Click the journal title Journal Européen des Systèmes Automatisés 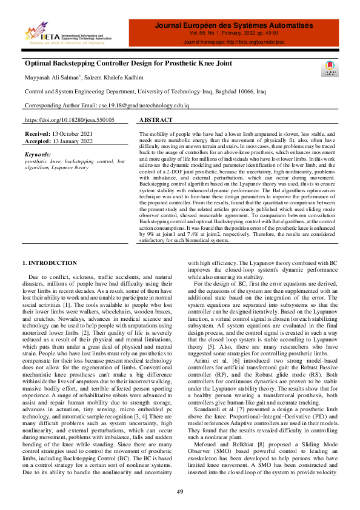pyautogui.click(x=234, y=26)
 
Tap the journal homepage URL pyautogui.click(x=234, y=43)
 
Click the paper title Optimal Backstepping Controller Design pyautogui.click(x=128, y=63)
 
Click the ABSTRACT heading pyautogui.click(x=156, y=121)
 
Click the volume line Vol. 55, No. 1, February pyautogui.click(x=234, y=35)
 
